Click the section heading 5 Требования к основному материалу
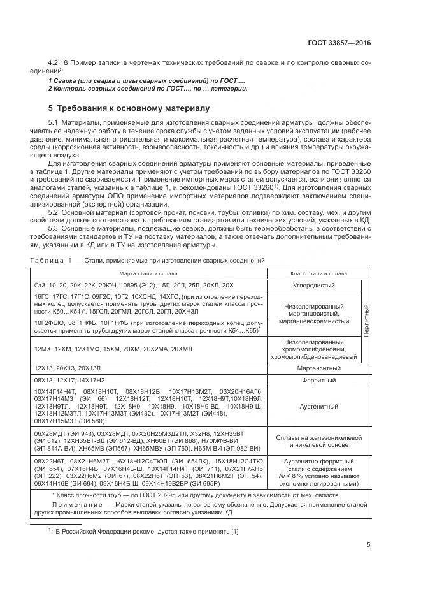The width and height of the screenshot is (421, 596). (129, 108)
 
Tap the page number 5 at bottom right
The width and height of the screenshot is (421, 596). (369, 544)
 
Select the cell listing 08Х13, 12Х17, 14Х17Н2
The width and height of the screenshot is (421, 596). (70, 380)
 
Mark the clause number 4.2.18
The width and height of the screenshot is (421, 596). (59, 64)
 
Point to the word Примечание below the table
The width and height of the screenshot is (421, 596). (71, 504)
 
